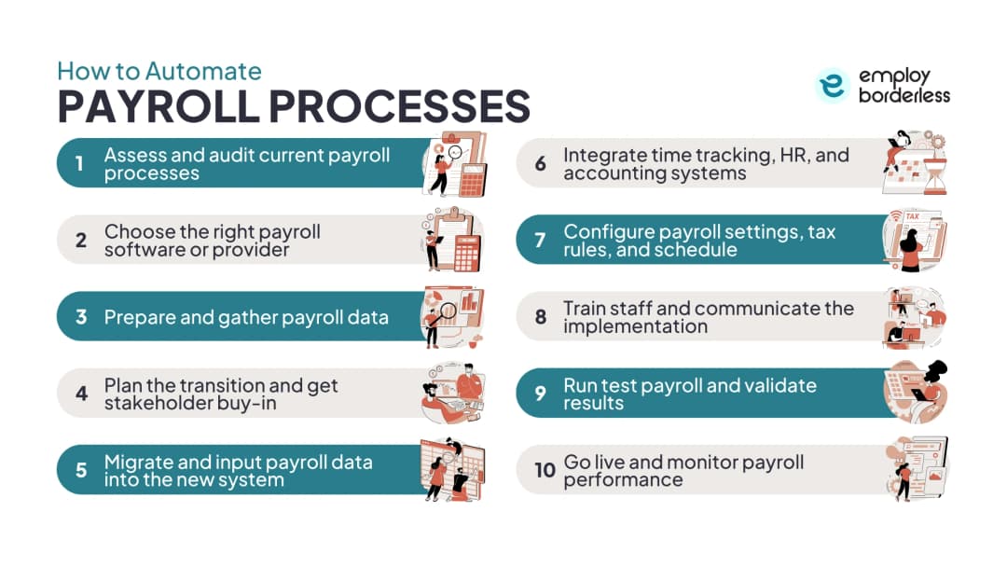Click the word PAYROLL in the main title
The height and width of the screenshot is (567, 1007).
[159, 106]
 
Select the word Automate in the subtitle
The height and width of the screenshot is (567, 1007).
[203, 71]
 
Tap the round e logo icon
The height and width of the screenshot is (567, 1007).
[833, 86]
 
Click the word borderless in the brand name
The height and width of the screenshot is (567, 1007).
[904, 96]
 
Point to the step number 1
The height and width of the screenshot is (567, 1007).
[79, 163]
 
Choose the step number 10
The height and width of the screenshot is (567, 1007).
[545, 470]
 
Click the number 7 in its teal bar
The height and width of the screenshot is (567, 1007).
[540, 241]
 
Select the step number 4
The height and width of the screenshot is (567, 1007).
[81, 393]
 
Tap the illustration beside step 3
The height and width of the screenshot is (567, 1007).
[452, 317]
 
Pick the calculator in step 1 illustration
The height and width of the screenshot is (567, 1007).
[473, 180]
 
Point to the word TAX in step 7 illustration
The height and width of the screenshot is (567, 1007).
[912, 217]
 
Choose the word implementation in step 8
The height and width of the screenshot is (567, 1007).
[635, 326]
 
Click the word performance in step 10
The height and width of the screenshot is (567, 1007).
[623, 480]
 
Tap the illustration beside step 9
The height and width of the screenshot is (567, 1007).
[916, 392]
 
